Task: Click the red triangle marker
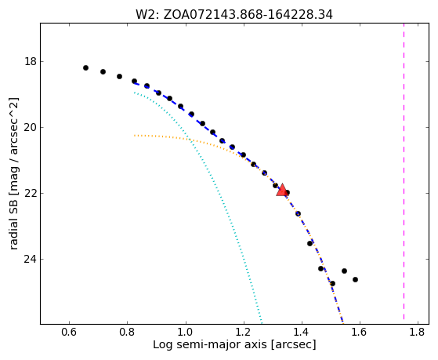click(x=282, y=191)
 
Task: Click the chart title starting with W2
click(x=234, y=14)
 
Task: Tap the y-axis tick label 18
click(x=31, y=61)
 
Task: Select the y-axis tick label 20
click(x=31, y=127)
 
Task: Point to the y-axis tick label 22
click(x=31, y=193)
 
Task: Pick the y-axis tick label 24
click(x=31, y=260)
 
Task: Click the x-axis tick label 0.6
click(x=69, y=332)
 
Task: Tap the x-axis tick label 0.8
click(x=128, y=332)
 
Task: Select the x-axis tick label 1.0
click(x=186, y=332)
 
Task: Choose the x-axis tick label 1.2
click(x=244, y=332)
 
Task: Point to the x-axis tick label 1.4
click(x=302, y=332)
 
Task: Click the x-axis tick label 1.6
click(x=360, y=332)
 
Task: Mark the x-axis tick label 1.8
click(x=418, y=332)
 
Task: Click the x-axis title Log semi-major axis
click(x=234, y=344)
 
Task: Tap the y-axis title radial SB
click(x=13, y=173)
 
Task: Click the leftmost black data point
click(x=85, y=67)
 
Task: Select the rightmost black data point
click(x=355, y=279)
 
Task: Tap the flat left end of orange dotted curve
click(x=135, y=136)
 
